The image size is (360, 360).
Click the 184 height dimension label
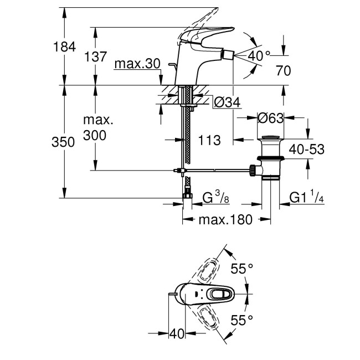coord(64,48)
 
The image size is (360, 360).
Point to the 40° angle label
coord(259,56)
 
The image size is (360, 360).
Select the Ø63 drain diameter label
coord(271,118)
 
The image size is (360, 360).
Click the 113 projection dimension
coord(210,141)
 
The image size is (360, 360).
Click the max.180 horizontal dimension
coord(226,220)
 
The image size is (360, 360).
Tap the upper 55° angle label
coord(241,269)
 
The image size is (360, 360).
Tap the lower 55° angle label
coord(241,320)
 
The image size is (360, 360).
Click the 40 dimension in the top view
coord(177,334)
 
